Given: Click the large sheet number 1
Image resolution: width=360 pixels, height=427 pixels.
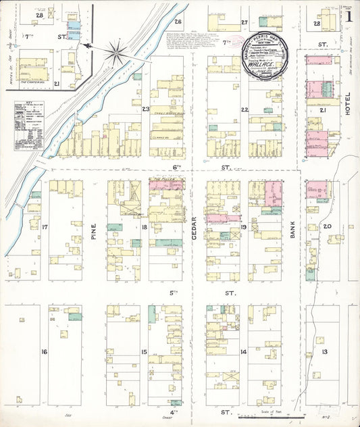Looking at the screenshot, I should [x=349, y=14].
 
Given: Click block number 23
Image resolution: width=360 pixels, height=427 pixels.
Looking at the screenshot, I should [x=145, y=108].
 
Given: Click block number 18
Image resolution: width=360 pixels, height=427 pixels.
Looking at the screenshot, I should [x=145, y=228].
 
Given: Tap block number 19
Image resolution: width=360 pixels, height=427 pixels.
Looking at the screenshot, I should [x=243, y=228].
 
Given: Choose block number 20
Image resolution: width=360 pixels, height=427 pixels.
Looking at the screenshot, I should [x=328, y=226].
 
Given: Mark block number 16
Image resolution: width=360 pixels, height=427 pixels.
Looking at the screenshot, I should [x=44, y=352].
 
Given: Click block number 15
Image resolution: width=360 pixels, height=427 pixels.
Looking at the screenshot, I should [x=144, y=352].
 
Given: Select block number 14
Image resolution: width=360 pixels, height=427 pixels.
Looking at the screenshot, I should [x=243, y=352].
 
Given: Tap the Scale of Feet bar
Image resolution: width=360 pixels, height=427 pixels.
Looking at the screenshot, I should [x=270, y=416].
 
